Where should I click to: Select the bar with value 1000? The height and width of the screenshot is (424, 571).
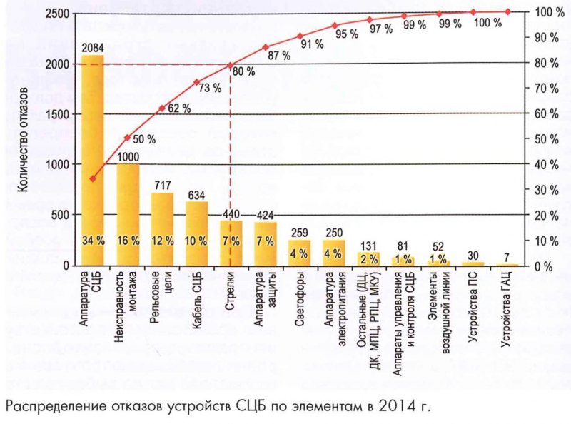point(128,214)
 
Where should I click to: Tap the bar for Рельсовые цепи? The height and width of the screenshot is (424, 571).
point(162,229)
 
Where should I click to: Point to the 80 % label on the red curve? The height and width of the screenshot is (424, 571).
point(243,71)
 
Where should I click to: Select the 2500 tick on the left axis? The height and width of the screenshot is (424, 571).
point(58,13)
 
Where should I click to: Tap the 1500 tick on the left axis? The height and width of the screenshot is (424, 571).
point(58,114)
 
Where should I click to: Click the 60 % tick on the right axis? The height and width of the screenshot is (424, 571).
point(548,113)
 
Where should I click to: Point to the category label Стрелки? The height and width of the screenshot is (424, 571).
point(231,288)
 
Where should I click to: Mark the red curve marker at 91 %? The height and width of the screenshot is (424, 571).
point(300,36)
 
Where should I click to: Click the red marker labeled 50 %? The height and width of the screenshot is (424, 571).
point(127,138)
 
